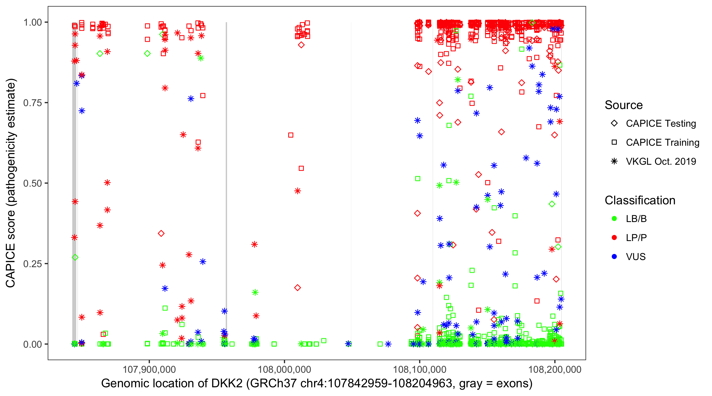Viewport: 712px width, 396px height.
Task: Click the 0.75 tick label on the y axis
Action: tap(32, 103)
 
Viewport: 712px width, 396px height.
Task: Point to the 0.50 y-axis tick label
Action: tap(32, 183)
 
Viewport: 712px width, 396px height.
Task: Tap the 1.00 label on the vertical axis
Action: tap(32, 22)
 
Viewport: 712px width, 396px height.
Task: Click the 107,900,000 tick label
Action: tap(149, 369)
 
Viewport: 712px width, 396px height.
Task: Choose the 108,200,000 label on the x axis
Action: tap(555, 369)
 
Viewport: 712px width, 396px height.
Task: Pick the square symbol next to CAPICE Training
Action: tap(614, 142)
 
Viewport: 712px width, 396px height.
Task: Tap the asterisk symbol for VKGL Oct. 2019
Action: tap(614, 161)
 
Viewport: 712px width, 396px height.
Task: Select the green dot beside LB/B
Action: tap(614, 219)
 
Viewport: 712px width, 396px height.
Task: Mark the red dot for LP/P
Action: tap(614, 238)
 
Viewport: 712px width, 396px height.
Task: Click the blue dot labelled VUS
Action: tap(614, 257)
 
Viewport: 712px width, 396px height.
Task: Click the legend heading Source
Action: tap(624, 105)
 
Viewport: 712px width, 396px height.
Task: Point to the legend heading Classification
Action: tap(640, 200)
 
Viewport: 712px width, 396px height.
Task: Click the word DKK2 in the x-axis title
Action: tap(227, 384)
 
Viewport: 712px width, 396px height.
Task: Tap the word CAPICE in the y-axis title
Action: tap(11, 266)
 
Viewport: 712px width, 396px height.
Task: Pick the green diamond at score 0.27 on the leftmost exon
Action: tap(75, 257)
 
